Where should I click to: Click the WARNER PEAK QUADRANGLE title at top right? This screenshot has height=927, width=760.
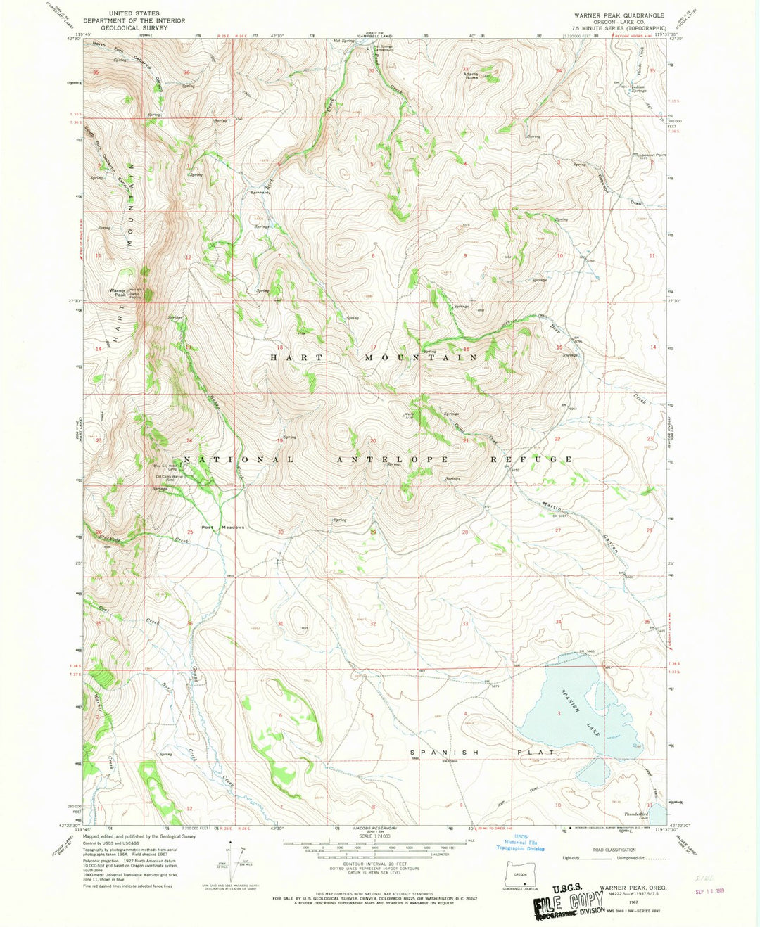tap(619, 15)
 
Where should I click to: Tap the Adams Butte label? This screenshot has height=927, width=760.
tap(470, 75)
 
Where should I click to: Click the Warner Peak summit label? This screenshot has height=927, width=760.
tap(118, 293)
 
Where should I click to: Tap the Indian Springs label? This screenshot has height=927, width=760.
tap(639, 89)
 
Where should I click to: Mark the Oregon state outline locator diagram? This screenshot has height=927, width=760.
tap(521, 873)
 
